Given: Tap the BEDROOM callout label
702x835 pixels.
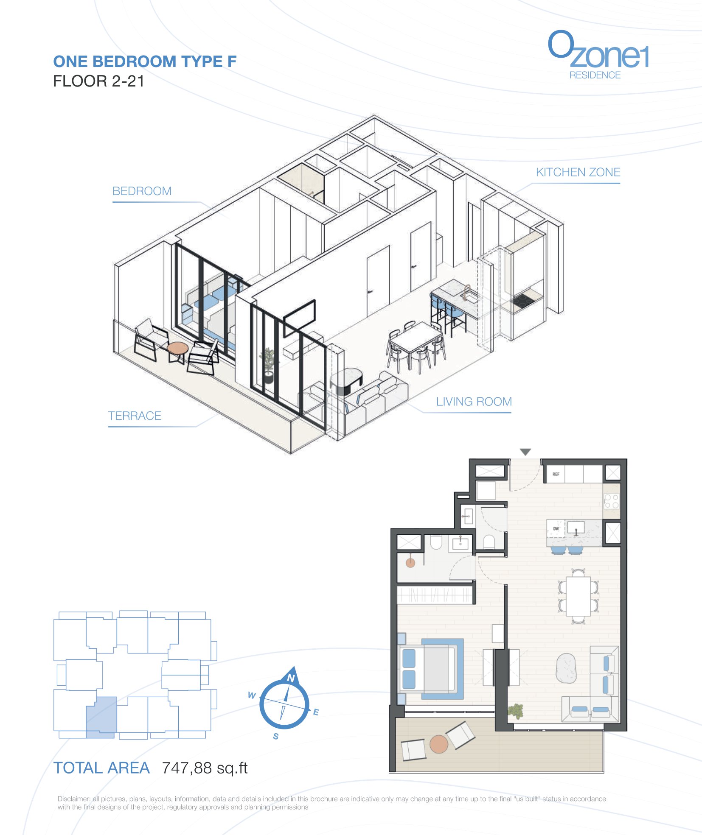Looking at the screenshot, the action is click(142, 191).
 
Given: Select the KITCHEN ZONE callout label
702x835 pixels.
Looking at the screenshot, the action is click(578, 172).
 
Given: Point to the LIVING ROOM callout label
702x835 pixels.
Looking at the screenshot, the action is click(474, 402).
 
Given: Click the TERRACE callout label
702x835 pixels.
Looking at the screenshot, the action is click(135, 416).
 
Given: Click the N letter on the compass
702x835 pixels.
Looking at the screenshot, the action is click(291, 678).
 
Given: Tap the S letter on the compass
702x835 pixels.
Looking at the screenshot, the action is click(276, 736).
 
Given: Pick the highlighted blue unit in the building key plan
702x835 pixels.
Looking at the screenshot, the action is click(101, 718).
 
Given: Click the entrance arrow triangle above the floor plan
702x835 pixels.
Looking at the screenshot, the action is click(525, 452).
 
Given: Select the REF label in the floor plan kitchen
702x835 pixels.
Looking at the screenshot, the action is click(556, 474).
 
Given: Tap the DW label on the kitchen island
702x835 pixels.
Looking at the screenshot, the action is click(556, 529).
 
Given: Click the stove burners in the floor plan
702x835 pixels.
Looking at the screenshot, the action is click(612, 501).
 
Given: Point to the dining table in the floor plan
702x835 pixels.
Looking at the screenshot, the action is click(578, 596).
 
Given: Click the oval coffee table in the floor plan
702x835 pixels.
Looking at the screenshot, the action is click(566, 668).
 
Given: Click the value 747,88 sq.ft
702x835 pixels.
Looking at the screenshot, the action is click(205, 768).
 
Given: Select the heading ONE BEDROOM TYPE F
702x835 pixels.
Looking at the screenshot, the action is click(145, 61).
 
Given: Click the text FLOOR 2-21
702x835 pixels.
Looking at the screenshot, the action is click(98, 81).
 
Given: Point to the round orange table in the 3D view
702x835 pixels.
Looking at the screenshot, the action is click(177, 348).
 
